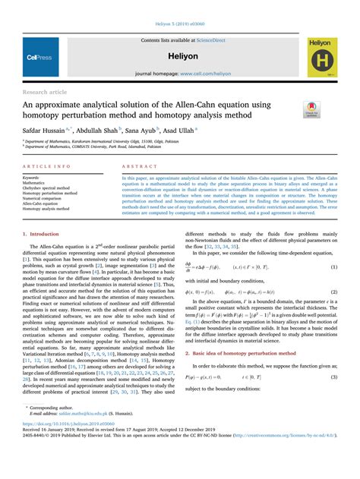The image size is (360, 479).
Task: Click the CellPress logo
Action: (39, 56)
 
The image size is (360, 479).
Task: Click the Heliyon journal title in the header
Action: (180, 57)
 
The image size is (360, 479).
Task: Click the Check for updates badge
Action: (311, 109)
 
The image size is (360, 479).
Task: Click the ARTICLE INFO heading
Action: (47, 165)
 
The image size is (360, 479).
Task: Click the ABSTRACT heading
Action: (135, 165)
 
